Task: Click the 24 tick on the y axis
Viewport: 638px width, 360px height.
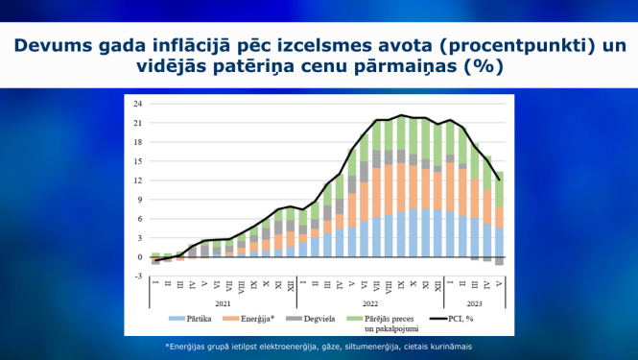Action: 138,104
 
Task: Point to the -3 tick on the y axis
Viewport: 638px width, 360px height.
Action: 138,276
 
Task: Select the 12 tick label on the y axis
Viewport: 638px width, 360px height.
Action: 138,180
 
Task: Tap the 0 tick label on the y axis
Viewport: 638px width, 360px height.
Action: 140,257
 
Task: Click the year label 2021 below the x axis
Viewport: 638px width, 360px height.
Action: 223,302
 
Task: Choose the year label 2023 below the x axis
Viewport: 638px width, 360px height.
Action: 476,302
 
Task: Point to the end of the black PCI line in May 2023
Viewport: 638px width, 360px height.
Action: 499,180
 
